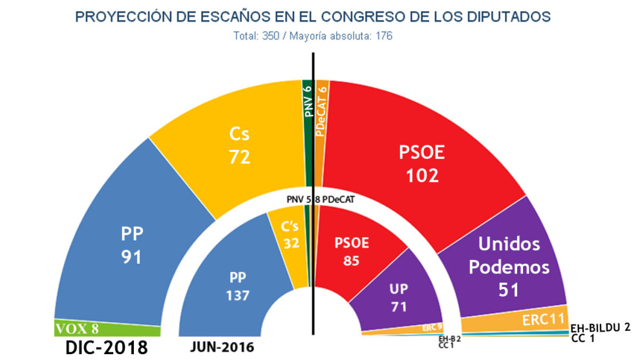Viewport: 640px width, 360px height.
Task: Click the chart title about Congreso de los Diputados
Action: [x=313, y=17]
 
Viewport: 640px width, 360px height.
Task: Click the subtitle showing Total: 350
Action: [x=313, y=36]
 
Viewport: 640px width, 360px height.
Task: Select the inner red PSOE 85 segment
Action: [x=349, y=252]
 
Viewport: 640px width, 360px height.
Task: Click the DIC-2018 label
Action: [x=107, y=348]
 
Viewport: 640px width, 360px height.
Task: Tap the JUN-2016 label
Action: [x=222, y=347]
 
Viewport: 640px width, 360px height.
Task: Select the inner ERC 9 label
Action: [x=431, y=327]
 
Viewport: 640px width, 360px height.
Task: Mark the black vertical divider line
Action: [x=314, y=194]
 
